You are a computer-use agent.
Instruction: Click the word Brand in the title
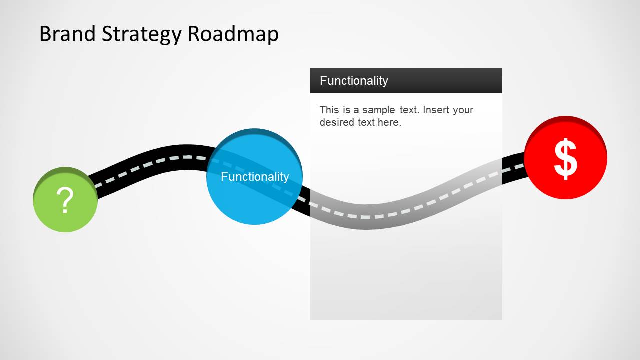click(x=67, y=34)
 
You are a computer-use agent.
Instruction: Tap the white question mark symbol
click(x=65, y=201)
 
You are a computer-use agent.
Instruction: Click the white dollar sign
click(x=565, y=159)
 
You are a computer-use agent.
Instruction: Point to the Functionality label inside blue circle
click(x=255, y=177)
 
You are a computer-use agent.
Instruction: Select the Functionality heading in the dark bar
click(x=354, y=81)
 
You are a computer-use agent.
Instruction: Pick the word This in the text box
click(x=329, y=110)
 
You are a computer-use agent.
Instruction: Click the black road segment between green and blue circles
click(x=150, y=160)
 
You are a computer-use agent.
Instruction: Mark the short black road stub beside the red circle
click(x=513, y=168)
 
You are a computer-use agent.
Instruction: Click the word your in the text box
click(x=463, y=110)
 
